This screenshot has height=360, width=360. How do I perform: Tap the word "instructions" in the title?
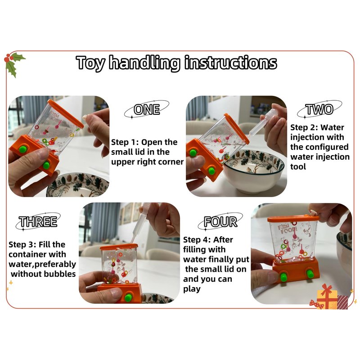pos(230,62)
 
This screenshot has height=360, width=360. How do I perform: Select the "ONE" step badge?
pos(147,109)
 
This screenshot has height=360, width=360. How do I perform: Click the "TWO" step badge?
pos(319,109)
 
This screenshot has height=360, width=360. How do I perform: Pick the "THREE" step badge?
pos(38,221)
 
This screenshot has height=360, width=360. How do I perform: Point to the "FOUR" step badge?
pos(220,221)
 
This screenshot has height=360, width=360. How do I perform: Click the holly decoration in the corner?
pos(13,64)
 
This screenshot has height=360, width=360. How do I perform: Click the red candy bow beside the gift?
pos(316,303)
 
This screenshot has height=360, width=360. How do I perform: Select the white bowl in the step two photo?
pos(254,171)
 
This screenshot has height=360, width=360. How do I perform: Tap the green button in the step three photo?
pos(128,297)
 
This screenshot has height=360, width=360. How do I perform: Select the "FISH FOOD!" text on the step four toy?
pos(287,229)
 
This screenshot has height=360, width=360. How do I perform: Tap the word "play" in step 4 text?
pos(192,289)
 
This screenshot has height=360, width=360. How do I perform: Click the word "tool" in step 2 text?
pos(298,166)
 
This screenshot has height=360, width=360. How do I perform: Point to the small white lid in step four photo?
pos(313,212)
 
